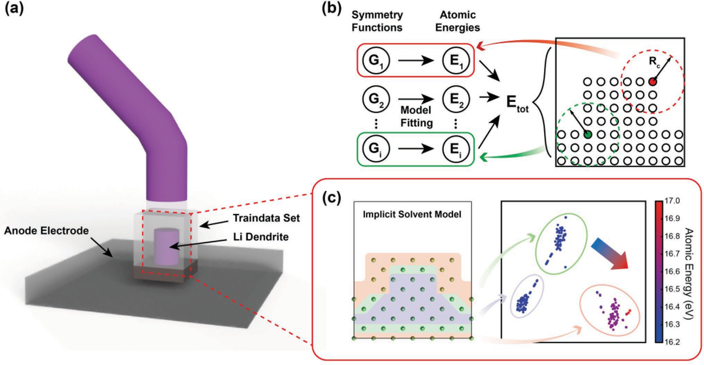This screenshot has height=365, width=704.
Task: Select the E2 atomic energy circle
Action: [x=456, y=99]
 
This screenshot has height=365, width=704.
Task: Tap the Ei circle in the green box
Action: [x=456, y=149]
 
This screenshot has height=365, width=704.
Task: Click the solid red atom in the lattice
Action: [x=653, y=82]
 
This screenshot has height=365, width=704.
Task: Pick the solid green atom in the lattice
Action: [x=587, y=134]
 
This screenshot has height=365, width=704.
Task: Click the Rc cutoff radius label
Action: [x=654, y=62]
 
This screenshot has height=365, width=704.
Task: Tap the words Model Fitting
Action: [x=416, y=116]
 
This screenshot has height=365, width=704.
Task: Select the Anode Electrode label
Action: [x=47, y=231]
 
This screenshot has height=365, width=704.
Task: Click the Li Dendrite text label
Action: [x=261, y=237]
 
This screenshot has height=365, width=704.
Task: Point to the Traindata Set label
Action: [x=266, y=218]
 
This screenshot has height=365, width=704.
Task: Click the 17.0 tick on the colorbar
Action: [x=672, y=201]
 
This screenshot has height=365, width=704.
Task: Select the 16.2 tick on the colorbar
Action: [x=672, y=342]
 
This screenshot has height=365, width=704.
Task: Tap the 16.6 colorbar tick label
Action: [x=672, y=271]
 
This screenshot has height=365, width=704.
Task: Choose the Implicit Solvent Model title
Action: [x=412, y=214]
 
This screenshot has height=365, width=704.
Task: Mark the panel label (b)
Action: [x=332, y=9]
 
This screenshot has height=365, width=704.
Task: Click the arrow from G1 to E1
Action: [x=416, y=60]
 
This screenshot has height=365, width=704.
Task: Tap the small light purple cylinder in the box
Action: [x=166, y=246]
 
